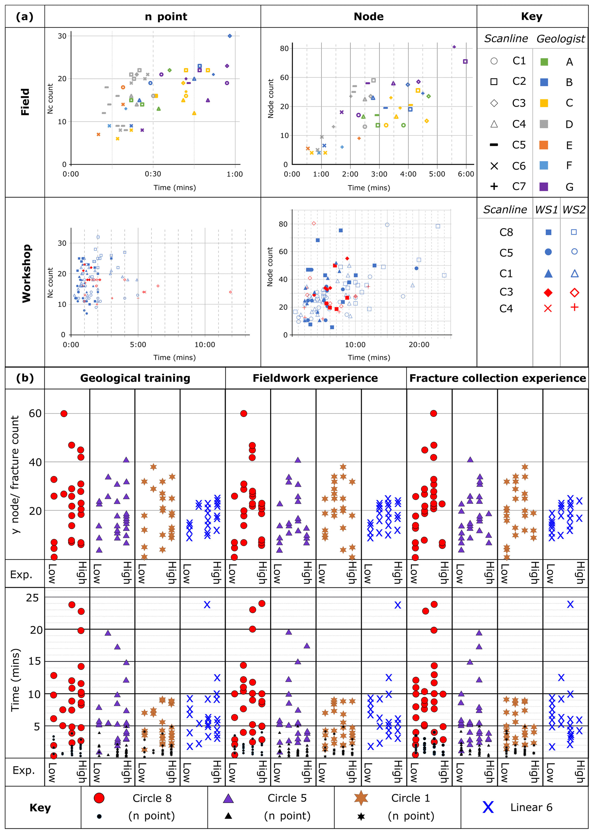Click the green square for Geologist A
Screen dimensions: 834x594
click(544, 62)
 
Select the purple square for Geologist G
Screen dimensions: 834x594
click(544, 187)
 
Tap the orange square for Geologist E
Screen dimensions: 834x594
click(544, 145)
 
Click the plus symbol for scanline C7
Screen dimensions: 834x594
click(494, 186)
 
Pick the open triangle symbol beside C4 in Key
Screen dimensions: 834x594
click(494, 124)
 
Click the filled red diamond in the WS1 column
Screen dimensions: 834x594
click(548, 292)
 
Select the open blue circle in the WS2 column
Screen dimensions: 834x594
click(574, 251)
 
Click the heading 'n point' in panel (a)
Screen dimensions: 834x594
click(166, 16)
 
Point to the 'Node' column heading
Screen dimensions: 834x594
click(369, 16)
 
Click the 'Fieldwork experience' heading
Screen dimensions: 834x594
click(315, 378)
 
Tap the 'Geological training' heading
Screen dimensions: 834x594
click(135, 378)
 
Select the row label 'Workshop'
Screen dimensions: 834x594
click(26, 273)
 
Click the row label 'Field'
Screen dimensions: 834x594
click(25, 102)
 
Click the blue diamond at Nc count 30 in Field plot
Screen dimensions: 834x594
click(230, 36)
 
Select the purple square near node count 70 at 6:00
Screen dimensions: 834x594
click(465, 62)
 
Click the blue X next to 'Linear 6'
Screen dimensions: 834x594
click(488, 807)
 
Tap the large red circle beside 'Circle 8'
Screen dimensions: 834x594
click(99, 798)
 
